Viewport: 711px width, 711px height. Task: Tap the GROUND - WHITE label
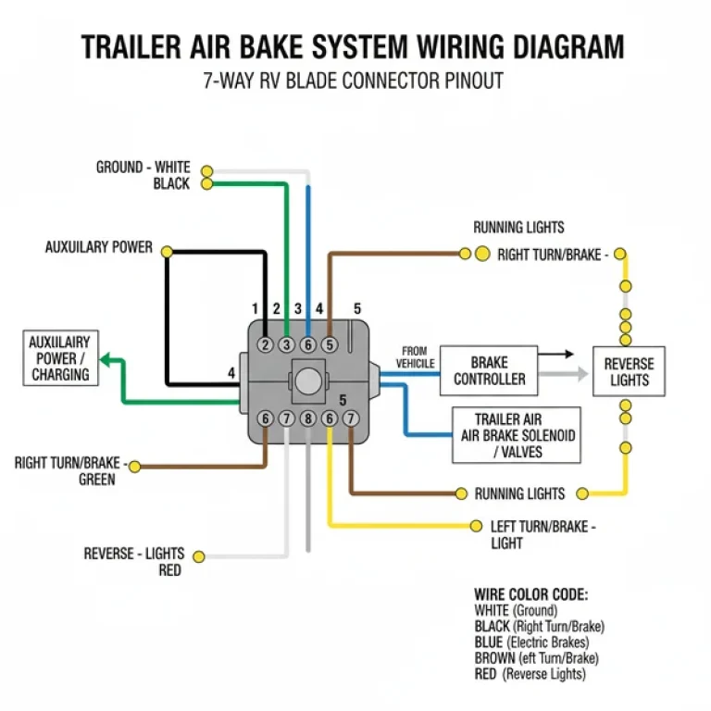143,168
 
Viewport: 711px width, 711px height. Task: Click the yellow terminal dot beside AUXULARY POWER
167,251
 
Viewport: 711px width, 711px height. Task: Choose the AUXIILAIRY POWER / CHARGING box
60,358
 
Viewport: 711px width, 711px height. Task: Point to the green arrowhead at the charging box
106,359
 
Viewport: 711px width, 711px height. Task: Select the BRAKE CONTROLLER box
489,370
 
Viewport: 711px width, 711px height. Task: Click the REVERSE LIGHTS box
629,371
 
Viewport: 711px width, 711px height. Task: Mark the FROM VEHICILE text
415,357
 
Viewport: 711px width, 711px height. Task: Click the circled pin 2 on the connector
265,345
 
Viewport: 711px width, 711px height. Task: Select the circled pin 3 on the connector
286,345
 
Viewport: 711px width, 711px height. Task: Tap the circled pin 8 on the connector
307,419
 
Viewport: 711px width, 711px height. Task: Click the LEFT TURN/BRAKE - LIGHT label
543,534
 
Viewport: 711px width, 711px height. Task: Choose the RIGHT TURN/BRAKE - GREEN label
70,470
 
